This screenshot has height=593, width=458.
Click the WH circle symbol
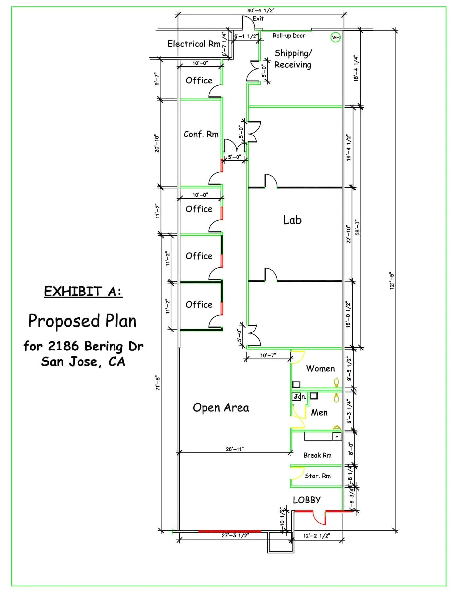point(336,37)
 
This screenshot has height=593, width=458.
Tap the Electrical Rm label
point(194,44)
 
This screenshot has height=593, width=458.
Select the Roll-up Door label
point(289,36)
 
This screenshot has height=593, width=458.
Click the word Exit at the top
point(258,19)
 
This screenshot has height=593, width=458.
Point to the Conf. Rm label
point(201,134)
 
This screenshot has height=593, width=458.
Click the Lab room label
point(292,220)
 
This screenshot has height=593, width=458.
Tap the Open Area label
point(221,408)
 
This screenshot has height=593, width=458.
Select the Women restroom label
point(320,368)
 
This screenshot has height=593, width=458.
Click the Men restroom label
point(319,412)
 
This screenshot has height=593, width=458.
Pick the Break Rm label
point(317,455)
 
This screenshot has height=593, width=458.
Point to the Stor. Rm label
point(317,476)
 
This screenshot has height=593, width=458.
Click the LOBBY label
point(307,500)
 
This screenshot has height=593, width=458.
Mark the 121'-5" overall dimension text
point(392,280)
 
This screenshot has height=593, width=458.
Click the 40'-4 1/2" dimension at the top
point(261,10)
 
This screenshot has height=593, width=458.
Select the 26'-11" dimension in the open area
point(235,449)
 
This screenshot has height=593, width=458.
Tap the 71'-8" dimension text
point(158,383)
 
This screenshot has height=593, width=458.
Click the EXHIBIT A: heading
point(83,291)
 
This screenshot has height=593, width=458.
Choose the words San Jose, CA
point(83,362)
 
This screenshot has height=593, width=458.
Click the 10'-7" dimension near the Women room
point(268,355)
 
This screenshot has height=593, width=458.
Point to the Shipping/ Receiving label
point(293,59)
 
